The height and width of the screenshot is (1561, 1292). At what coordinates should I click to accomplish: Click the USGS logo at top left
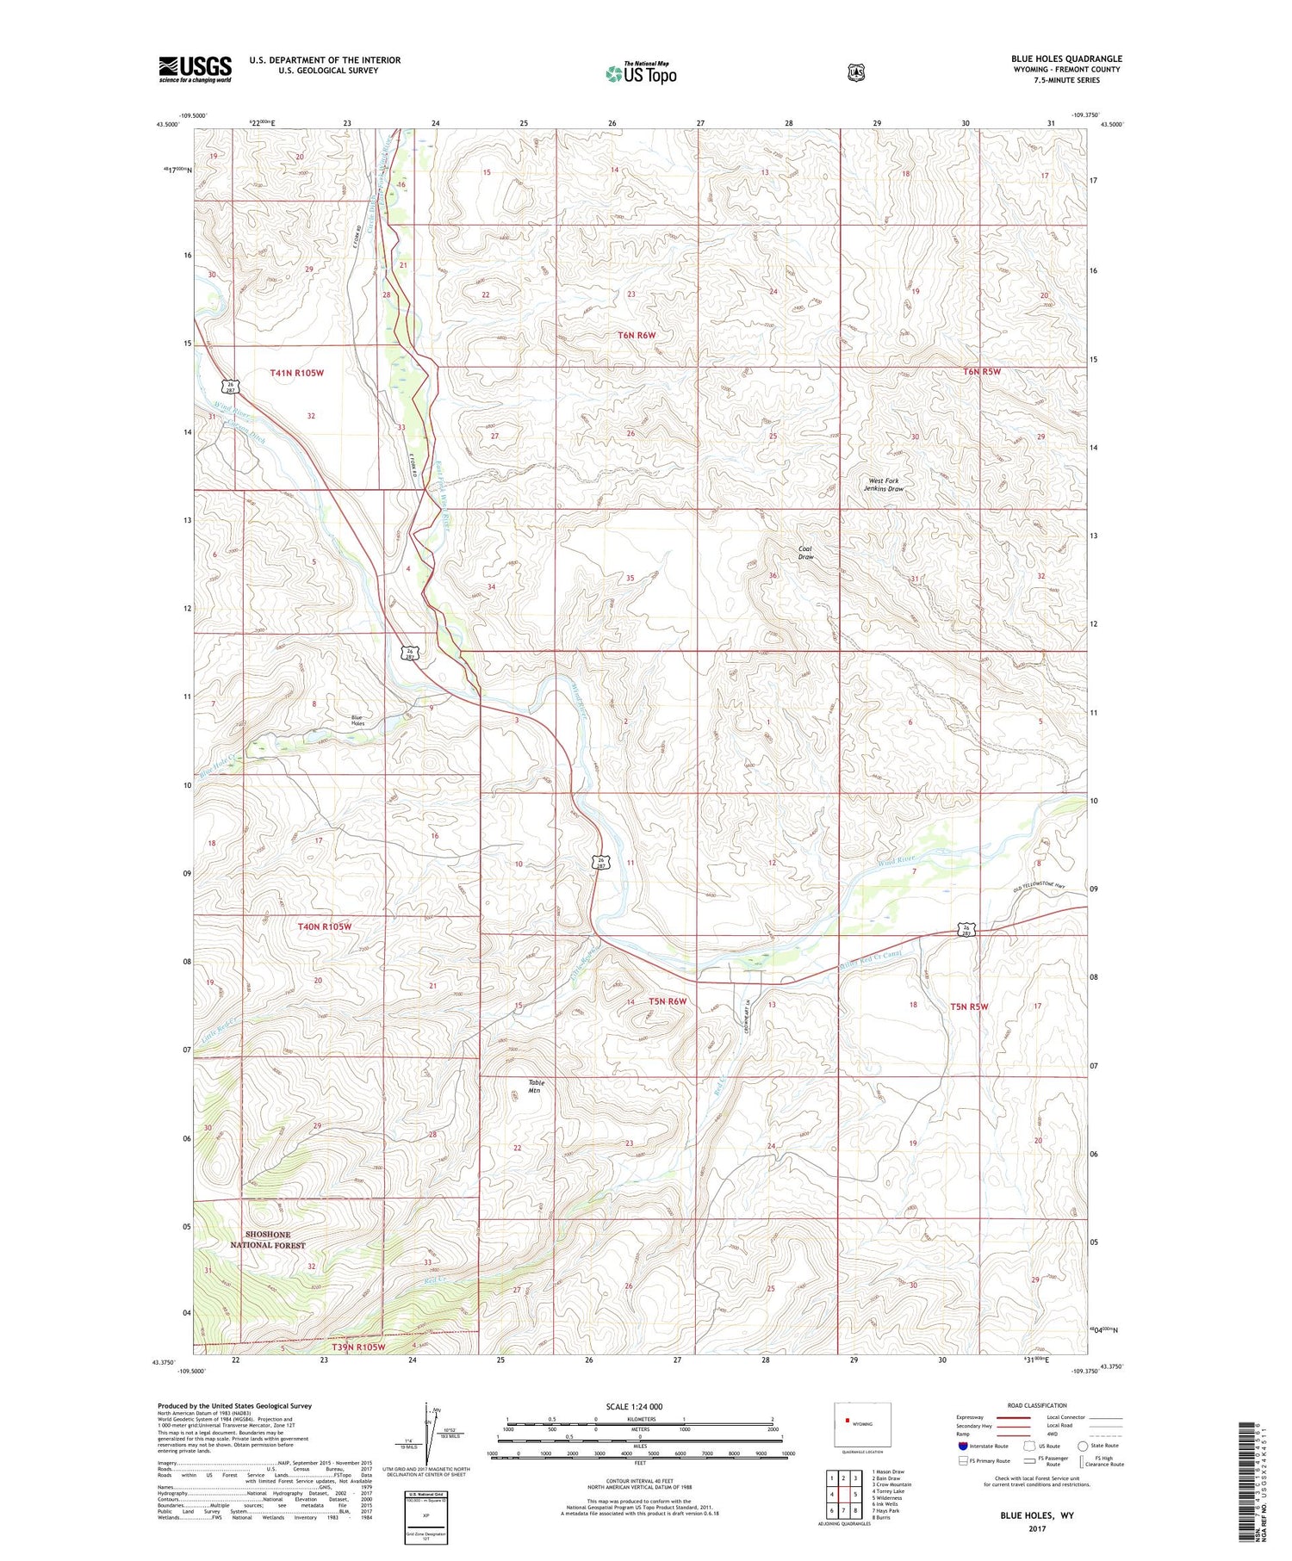point(195,69)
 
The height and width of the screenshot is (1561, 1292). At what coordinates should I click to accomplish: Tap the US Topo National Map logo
point(641,73)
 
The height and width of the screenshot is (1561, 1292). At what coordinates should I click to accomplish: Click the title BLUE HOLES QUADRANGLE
point(1066,59)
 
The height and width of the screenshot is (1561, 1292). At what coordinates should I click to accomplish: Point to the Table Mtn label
point(536,1086)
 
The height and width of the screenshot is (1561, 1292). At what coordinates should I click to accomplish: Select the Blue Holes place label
point(357,721)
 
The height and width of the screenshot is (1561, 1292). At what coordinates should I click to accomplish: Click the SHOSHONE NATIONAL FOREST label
point(267,1240)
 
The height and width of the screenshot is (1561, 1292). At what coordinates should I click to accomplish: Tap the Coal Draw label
point(805,552)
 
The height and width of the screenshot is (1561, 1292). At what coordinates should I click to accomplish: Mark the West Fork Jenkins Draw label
point(885,485)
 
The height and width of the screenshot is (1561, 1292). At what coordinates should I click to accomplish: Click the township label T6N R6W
point(637,335)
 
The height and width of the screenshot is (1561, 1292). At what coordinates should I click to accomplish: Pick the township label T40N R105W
point(325,926)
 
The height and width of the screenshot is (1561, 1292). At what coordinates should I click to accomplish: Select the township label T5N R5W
point(969,1007)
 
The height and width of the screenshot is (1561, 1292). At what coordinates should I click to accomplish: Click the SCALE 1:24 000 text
point(634,1406)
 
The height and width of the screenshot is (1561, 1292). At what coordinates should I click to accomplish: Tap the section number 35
point(630,578)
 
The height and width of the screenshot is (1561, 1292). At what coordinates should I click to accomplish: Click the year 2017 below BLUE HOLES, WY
point(1036,1529)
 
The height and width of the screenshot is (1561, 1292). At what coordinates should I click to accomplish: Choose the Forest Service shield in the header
point(854,73)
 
